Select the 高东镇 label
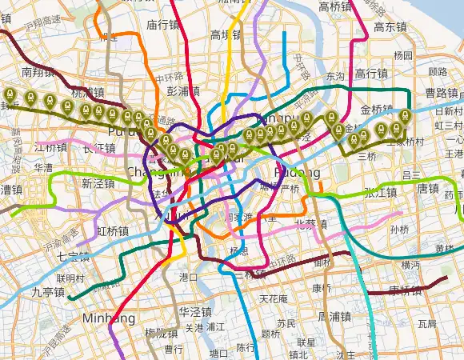(x=390, y=26)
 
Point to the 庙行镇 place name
(x=162, y=25)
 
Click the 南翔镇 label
(x=38, y=72)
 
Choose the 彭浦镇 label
(x=183, y=91)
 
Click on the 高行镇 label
(x=371, y=74)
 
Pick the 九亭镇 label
(x=47, y=293)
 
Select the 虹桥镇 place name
(x=114, y=230)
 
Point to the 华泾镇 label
(x=194, y=311)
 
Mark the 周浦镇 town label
(x=334, y=316)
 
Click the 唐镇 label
(x=429, y=189)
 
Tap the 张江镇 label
(x=380, y=192)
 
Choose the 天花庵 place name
(x=274, y=299)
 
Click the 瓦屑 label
(x=426, y=324)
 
